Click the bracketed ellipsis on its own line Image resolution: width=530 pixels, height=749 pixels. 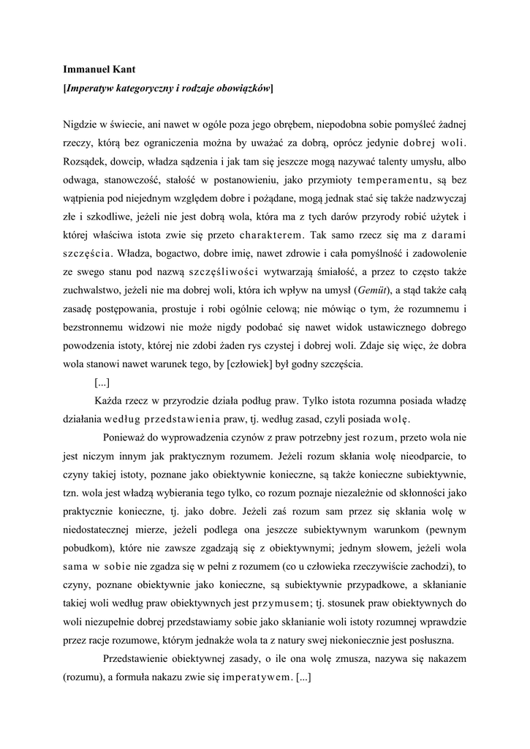click(x=102, y=383)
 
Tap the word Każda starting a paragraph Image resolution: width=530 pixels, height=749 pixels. click(x=110, y=402)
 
